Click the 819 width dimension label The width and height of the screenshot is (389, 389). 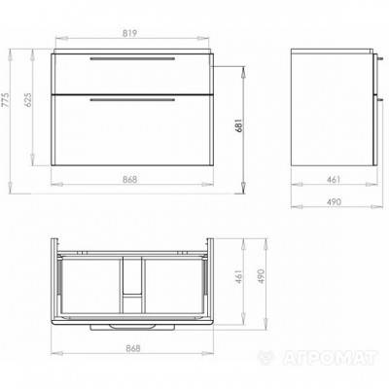coord(129,33)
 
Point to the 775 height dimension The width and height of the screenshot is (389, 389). coord(6,100)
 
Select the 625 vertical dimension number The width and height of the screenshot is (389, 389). coord(28,100)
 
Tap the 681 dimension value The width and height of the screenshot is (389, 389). coord(239,125)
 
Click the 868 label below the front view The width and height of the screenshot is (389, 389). coord(130,179)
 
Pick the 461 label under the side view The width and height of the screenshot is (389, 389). coord(334,179)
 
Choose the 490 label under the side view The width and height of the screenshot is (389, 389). coord(334,201)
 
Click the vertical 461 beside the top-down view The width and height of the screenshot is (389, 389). coord(239,276)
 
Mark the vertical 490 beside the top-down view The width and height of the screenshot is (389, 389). coord(262,276)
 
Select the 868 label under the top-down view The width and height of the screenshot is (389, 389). coord(132,348)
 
